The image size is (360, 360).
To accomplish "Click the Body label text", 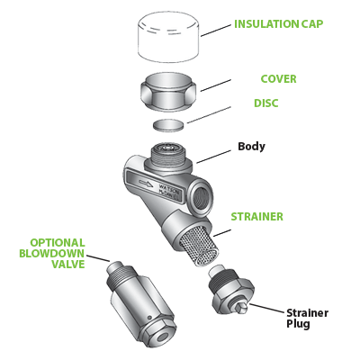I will (251, 146).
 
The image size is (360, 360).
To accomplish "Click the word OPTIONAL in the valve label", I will (58, 241).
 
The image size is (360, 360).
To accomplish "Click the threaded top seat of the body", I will (166, 149).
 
